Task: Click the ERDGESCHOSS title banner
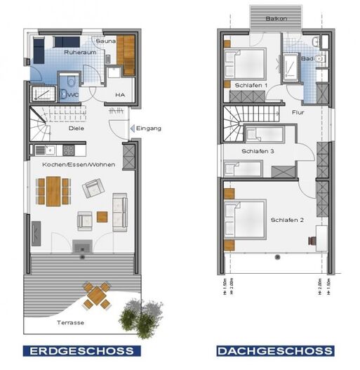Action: [x=82, y=350]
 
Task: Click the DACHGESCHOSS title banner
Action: [x=274, y=350]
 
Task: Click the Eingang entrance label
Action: [x=149, y=128]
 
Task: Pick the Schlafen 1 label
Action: [x=252, y=85]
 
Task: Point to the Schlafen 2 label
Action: [x=287, y=220]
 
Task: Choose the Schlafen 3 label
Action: [x=258, y=151]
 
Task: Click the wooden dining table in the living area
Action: [x=54, y=190]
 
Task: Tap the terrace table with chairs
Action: [x=97, y=295]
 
